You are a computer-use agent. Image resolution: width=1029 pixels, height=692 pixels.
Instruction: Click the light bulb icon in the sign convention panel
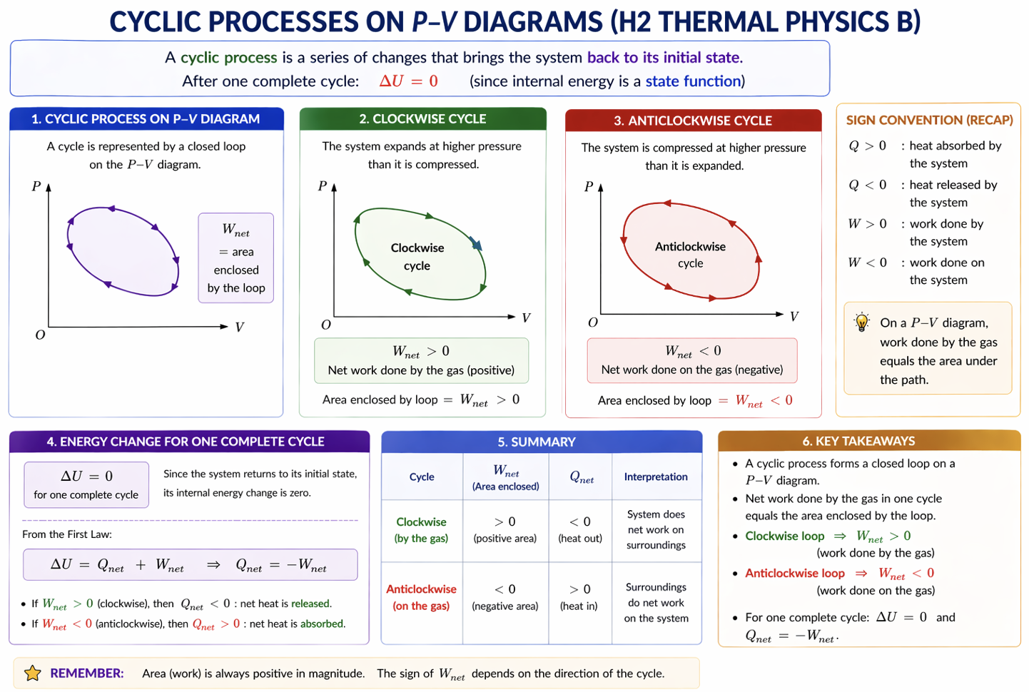pos(862,322)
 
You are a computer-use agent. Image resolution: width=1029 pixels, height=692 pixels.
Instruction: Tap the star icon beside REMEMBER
pos(33,673)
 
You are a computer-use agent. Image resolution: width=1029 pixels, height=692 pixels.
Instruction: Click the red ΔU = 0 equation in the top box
pos(408,81)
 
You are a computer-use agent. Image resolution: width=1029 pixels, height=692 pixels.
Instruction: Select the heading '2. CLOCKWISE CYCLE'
pos(422,119)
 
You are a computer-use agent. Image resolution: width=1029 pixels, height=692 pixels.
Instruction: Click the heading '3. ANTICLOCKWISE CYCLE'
pos(692,121)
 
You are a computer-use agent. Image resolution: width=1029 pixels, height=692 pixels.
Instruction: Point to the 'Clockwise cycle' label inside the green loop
pos(417,257)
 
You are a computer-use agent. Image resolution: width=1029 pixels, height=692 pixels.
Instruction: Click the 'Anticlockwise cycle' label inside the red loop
pos(690,255)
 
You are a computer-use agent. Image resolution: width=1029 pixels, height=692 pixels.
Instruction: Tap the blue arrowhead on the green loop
pos(477,244)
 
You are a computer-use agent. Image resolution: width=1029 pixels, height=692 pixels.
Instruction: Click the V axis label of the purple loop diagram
pos(239,327)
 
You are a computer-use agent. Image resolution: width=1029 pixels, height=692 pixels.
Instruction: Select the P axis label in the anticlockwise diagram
pos(589,187)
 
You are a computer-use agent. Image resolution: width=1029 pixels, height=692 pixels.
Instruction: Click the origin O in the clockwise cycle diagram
pos(326,325)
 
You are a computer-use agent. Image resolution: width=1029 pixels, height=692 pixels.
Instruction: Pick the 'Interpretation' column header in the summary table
pos(656,477)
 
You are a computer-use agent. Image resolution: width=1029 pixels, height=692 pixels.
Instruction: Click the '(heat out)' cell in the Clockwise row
pos(580,539)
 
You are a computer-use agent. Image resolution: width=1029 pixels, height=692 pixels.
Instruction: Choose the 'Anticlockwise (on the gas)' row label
pos(421,597)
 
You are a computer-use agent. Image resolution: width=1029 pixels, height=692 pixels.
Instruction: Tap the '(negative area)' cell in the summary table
pos(505,606)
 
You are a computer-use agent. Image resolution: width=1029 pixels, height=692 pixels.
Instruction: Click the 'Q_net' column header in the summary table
pos(582,477)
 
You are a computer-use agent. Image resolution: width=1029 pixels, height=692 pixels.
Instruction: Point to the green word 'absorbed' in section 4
pos(322,624)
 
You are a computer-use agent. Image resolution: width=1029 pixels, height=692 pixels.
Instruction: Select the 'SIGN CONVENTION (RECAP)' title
pos(929,120)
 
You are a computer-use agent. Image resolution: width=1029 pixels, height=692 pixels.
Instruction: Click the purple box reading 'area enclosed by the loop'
pos(236,258)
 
